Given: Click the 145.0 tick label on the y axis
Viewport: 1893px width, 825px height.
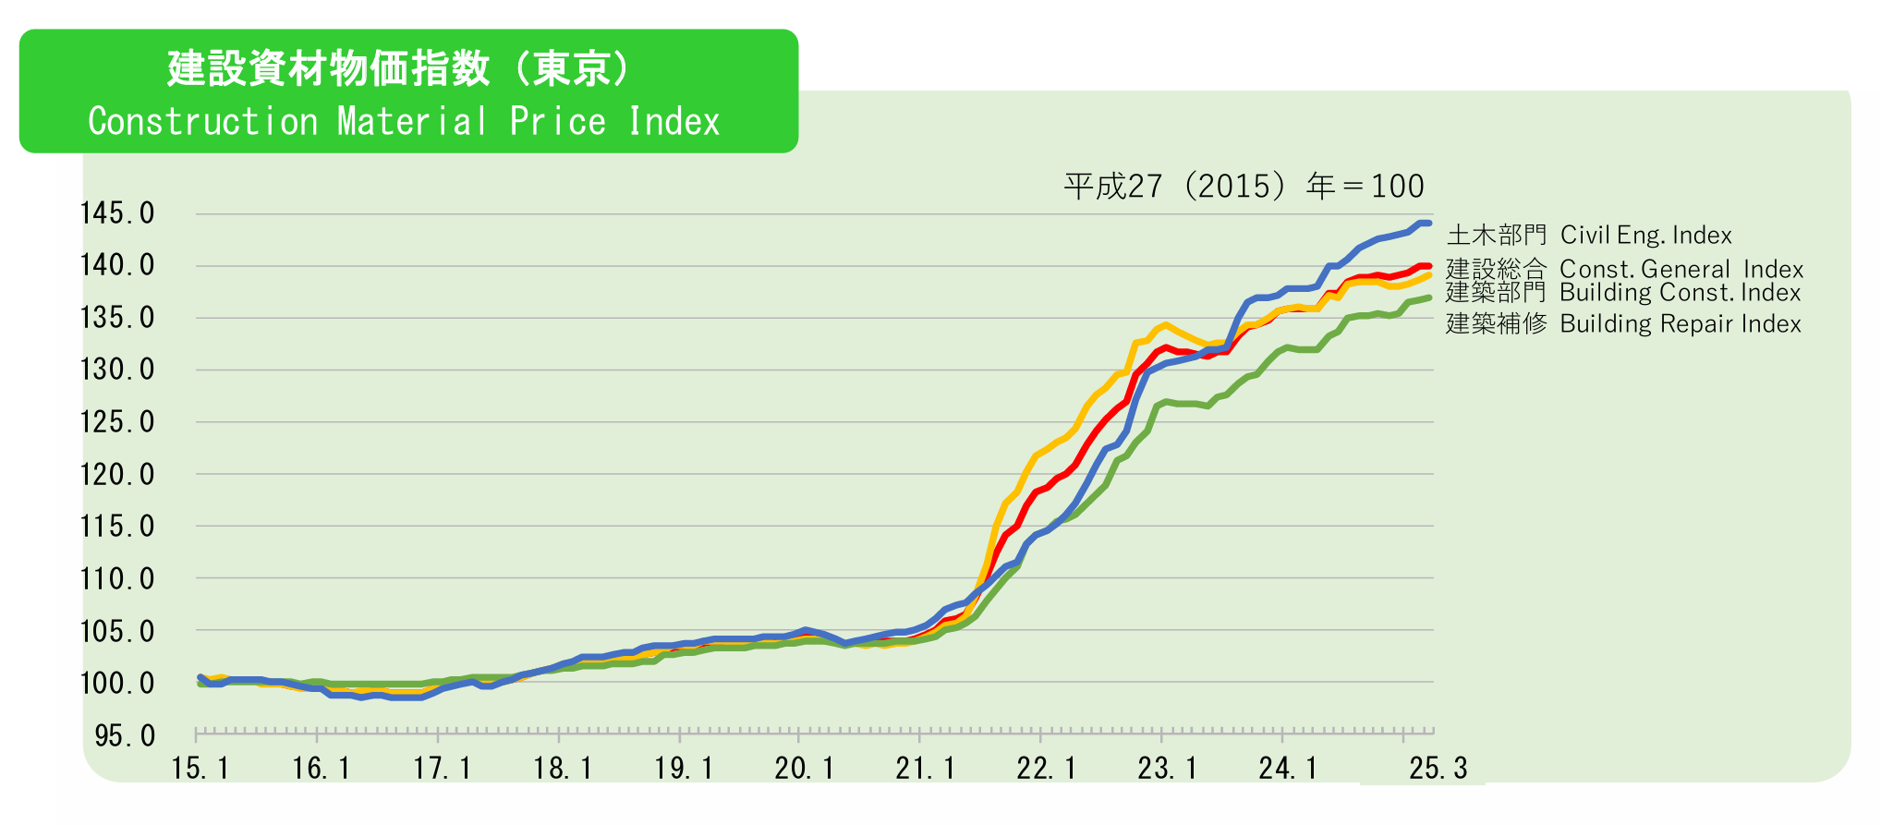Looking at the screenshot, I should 117,213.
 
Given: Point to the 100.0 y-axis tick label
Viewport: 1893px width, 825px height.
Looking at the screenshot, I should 117,684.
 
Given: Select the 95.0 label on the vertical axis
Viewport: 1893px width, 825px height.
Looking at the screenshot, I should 125,736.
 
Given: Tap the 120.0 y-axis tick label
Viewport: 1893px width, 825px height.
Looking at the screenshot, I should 117,475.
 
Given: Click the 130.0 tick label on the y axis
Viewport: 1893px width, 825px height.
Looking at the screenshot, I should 117,370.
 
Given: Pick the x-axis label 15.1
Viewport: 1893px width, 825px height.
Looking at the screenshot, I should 200,769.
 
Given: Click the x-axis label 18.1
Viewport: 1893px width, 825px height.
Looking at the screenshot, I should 563,769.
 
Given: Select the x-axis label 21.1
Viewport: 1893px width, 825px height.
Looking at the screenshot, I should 925,769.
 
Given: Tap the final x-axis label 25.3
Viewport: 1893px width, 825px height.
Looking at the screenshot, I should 1438,769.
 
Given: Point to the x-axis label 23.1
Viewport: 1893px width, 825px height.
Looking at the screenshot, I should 1167,769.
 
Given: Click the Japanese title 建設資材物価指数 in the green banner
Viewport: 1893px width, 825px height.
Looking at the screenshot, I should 328,68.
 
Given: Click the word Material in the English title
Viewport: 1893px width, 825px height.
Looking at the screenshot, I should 412,122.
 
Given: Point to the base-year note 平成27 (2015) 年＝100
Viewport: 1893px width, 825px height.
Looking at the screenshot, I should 1244,187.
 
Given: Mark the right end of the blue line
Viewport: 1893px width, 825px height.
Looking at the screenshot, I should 1428,224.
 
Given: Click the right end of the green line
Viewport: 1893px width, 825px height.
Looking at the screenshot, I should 1428,297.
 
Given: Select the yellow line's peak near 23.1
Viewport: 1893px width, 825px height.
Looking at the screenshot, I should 1167,324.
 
